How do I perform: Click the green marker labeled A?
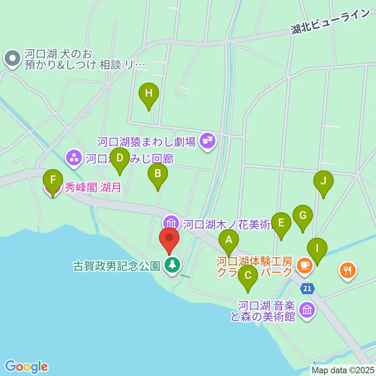tap(229, 239)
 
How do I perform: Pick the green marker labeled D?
tap(120, 158)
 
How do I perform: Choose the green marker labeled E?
tap(281, 223)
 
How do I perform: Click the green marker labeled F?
tap(52, 180)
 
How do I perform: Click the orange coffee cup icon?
tap(304, 265)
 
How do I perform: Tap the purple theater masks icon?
tap(207, 139)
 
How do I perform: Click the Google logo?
tap(26, 366)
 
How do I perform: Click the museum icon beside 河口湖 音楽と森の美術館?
tap(307, 310)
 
